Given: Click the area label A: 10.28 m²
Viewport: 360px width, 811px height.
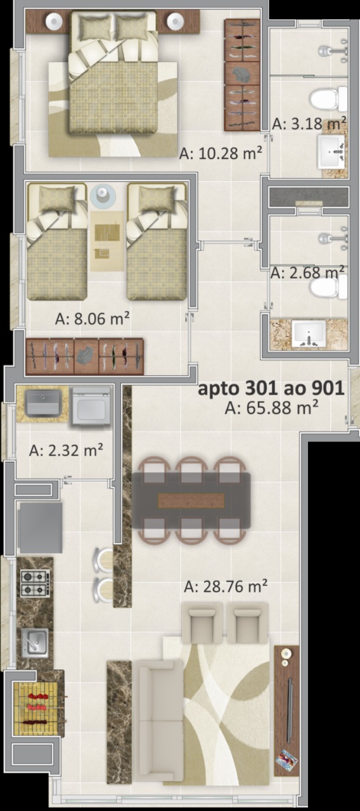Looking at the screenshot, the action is pos(221,153).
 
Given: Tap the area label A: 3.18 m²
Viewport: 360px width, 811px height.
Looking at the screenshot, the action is pos(309,123).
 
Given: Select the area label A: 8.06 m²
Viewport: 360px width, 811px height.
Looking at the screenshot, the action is pos(93,319).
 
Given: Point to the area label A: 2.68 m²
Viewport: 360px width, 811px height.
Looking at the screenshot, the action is pos(307,272).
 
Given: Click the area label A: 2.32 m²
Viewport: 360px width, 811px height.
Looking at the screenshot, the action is pos(66,450).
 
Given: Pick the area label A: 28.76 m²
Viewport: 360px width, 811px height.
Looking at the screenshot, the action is pos(226,586).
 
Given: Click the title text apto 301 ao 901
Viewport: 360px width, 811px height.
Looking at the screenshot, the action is pos(271,388).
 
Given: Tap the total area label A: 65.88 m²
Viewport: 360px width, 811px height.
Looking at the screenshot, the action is pos(272,408).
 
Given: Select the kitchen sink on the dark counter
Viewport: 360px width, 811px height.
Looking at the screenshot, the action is pos(35,643).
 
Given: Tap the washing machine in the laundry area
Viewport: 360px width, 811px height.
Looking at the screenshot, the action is pos(91,406).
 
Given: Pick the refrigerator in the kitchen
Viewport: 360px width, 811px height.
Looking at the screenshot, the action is pos(40,527).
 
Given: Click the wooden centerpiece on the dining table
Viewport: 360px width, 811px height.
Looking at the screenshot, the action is pos(191,501).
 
